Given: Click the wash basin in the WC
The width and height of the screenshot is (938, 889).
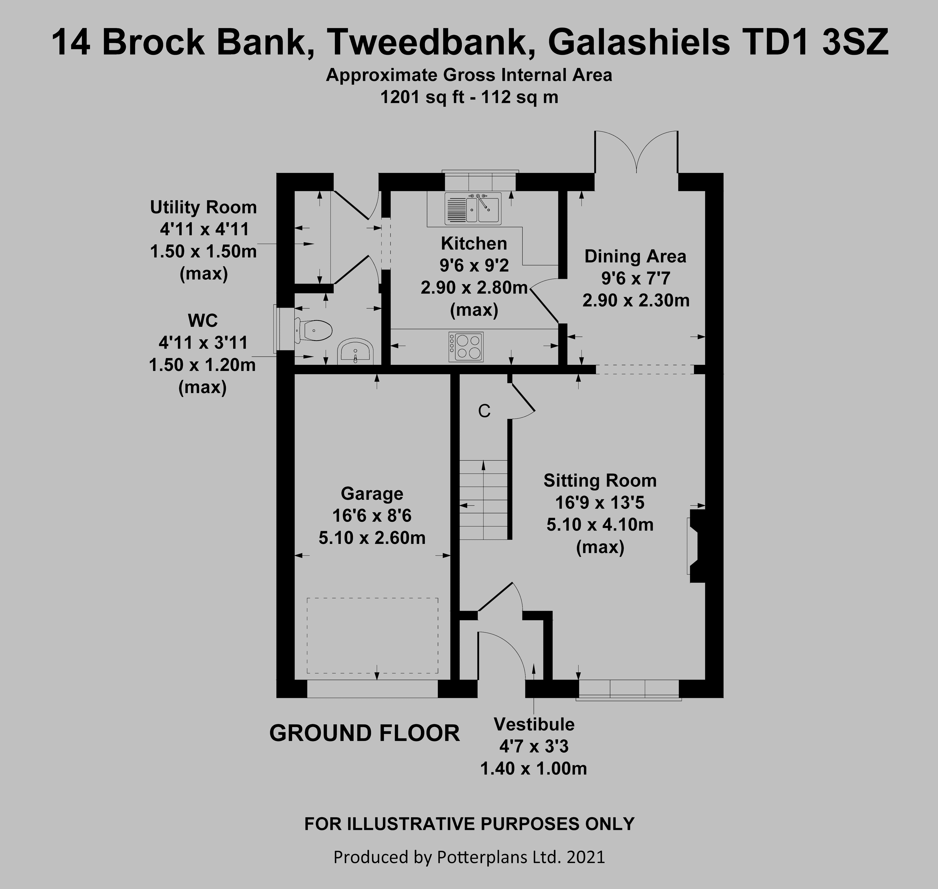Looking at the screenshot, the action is pos(356,352).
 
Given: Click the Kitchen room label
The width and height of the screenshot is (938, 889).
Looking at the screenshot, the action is pos(474,243).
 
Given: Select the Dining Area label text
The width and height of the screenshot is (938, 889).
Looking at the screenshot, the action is pos(635,256).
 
